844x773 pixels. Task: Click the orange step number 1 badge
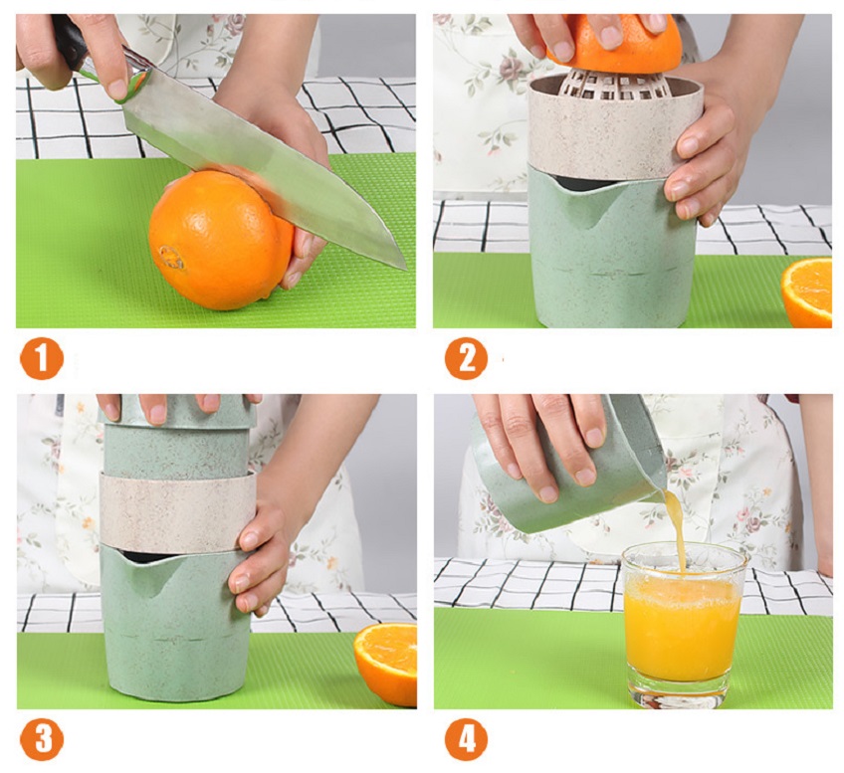point(41,358)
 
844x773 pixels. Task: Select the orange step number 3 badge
point(41,739)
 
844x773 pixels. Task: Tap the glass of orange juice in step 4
point(684,622)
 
